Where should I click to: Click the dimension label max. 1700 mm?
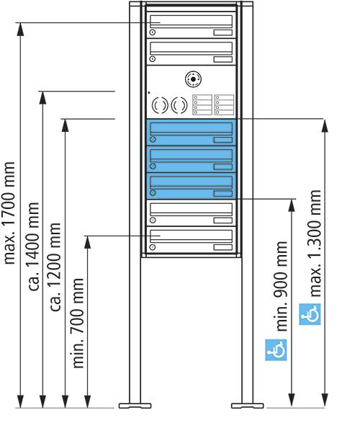tap(9, 213)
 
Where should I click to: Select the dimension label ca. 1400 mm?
tap(34, 246)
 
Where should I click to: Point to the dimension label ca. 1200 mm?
tap(55, 267)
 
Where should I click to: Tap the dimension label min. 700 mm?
tap(78, 323)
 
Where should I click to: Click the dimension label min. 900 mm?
tap(282, 286)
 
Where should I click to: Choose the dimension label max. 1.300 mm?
tap(315, 244)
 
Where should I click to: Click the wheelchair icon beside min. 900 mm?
tap(276, 349)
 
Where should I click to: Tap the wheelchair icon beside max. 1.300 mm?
tap(310, 314)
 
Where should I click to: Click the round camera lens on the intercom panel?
tap(193, 79)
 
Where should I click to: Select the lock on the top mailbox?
tap(153, 32)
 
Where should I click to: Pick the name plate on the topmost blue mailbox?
tap(223, 140)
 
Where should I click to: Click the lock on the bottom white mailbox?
tap(153, 247)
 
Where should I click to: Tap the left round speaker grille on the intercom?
tap(160, 105)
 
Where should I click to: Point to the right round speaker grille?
tap(179, 105)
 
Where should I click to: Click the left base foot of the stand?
tap(135, 406)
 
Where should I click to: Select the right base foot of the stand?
tap(248, 406)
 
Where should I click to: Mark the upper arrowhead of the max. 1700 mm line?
tap(20, 30)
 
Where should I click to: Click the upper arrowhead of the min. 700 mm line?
tap(87, 242)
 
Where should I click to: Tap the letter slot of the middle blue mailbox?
tap(192, 155)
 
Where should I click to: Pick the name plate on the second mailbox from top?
tap(223, 59)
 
